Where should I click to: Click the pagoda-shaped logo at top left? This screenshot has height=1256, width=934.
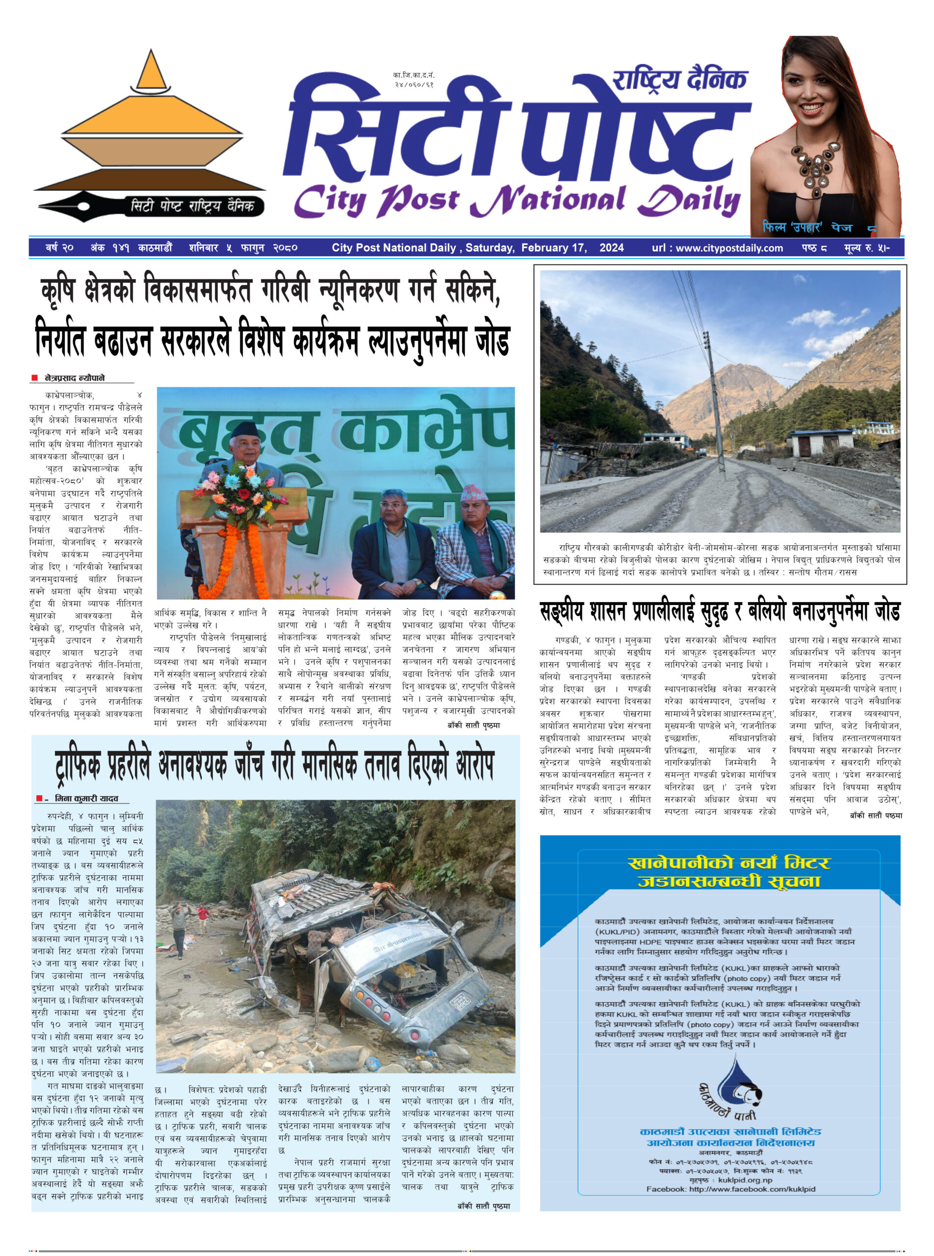click(x=150, y=130)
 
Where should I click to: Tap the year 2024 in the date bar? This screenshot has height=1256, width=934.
click(x=612, y=248)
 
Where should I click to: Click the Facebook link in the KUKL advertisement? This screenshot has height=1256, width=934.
click(x=730, y=1189)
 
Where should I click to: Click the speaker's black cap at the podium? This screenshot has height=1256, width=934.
click(x=244, y=430)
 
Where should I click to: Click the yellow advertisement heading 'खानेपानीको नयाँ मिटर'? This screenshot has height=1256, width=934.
click(x=729, y=863)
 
